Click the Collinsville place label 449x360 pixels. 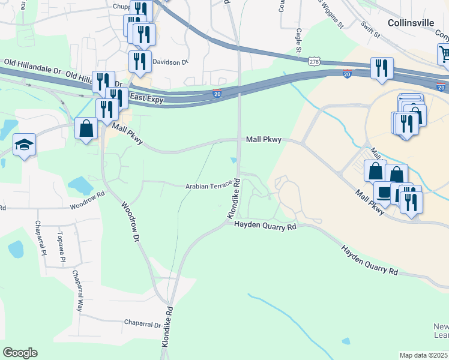coord(411,23)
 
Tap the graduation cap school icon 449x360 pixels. coord(25,145)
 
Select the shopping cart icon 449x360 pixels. coord(444,55)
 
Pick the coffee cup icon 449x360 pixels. coord(383,193)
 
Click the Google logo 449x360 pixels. coord(20,352)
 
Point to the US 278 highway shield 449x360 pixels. coord(314,61)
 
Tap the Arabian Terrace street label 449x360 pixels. coord(208,186)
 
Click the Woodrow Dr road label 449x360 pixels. coord(130,221)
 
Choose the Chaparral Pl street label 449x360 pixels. coord(40,238)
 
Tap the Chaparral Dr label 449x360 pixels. coord(142,324)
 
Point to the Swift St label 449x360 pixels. coord(370,30)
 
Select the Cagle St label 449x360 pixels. coord(298,40)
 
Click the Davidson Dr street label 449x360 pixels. coord(170,61)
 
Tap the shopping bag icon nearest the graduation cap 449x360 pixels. coord(86,128)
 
